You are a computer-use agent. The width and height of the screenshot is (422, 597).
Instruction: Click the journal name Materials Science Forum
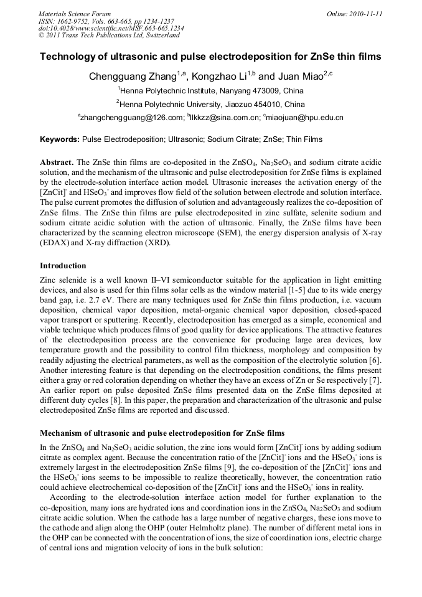point(75,13)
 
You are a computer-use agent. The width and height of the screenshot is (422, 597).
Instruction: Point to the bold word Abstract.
point(57,162)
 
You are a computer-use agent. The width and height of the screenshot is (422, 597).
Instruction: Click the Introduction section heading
point(63,266)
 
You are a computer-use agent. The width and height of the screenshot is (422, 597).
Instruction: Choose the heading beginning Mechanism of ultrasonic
point(162,432)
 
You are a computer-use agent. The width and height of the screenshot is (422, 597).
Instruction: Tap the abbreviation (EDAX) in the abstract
point(56,243)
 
